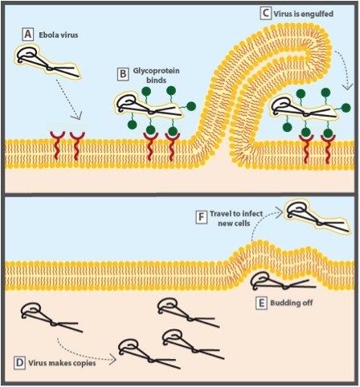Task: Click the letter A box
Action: pos(27,35)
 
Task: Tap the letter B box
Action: pos(123,74)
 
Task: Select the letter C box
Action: pos(265,14)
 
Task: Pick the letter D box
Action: pos(19,363)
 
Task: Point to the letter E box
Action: pos(261,303)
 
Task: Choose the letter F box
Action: pos(201,217)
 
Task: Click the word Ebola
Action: pos(49,35)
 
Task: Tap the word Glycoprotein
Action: pos(157,71)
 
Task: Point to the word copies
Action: pos(84,364)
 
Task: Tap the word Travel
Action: pos(220,214)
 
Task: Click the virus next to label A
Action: pos(47,62)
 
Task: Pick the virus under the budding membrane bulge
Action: pos(284,282)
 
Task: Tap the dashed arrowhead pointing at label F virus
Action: pos(280,213)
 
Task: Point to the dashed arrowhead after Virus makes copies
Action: pos(112,360)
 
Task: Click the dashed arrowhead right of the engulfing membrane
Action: pos(348,86)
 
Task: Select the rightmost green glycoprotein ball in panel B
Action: pos(191,106)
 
